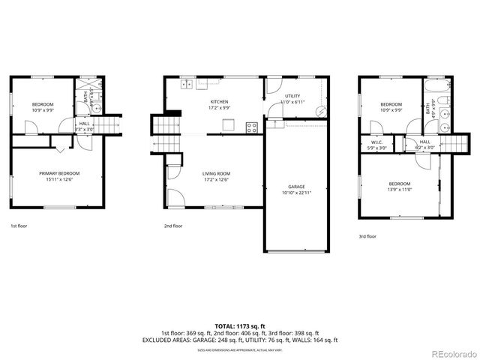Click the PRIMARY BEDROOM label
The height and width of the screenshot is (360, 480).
tap(59, 173)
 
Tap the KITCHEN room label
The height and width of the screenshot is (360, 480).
tap(219, 102)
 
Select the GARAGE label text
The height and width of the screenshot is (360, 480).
tap(297, 187)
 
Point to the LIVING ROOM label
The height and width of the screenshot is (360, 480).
tap(216, 173)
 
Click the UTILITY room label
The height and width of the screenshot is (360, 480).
tap(292, 95)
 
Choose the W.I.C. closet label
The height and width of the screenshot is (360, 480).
tap(377, 142)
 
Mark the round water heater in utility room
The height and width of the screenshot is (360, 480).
tap(322, 111)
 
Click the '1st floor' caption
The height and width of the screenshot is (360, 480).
tap(18, 225)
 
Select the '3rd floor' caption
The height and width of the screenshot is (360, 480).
tap(367, 236)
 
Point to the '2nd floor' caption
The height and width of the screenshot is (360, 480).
tap(172, 225)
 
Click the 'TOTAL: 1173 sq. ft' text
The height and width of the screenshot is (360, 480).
tap(239, 326)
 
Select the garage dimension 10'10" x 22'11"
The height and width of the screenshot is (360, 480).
tap(297, 193)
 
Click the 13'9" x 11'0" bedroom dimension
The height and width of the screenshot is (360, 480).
tap(399, 189)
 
